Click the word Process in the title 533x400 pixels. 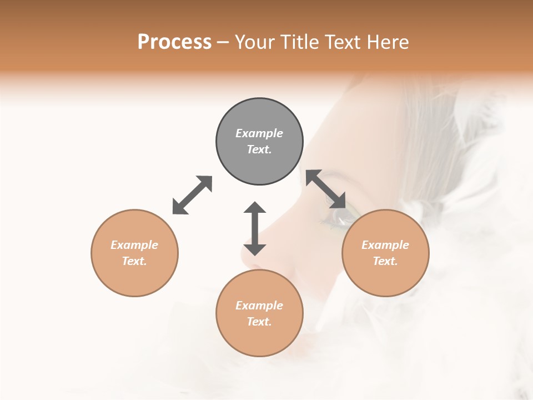point(174,42)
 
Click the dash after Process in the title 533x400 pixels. point(223,43)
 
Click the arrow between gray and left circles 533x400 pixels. point(192,195)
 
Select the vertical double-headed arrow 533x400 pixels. point(255,228)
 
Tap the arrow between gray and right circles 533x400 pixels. point(326,189)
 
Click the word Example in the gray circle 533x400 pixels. point(259,133)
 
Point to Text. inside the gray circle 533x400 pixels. point(259,149)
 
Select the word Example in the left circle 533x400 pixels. point(134,245)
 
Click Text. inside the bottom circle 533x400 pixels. point(259,322)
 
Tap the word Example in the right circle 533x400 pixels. point(385,245)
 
